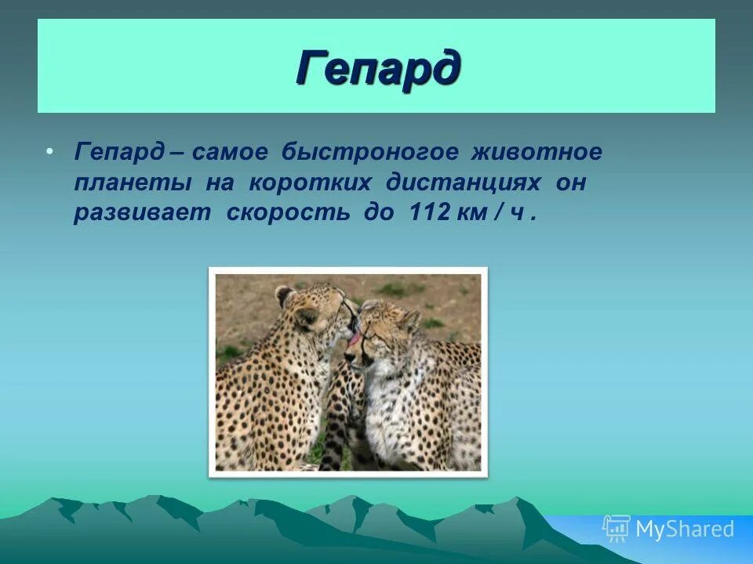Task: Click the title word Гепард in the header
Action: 377,69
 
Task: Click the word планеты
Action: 133,183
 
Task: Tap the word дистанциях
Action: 463,183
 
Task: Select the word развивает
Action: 142,214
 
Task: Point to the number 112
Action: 426,214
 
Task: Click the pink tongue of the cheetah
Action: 355,339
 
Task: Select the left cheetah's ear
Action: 286,296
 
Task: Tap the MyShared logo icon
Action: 616,529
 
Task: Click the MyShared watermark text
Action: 685,530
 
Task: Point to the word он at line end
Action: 571,183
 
